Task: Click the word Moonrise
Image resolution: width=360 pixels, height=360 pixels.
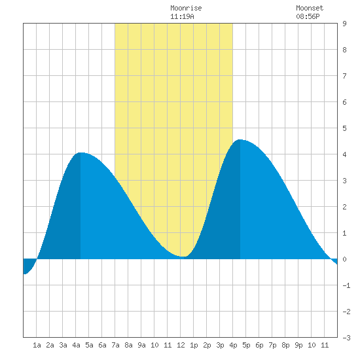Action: (x=186, y=8)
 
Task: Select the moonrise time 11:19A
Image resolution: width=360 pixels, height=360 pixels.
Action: (x=182, y=16)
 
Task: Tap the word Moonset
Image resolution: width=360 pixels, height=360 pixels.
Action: (x=310, y=8)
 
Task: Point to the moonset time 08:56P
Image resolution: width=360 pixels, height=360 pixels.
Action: (x=308, y=16)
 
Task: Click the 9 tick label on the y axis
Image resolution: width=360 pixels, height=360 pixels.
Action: (x=344, y=24)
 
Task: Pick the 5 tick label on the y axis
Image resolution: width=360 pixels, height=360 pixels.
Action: (x=344, y=128)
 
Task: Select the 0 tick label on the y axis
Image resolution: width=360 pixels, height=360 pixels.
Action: (x=344, y=259)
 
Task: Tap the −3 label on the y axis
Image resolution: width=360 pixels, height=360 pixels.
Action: (x=346, y=338)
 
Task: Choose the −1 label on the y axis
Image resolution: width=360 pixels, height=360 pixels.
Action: (x=346, y=285)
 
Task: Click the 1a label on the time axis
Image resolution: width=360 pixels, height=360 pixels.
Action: (x=37, y=345)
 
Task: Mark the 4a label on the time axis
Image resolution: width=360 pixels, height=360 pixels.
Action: (x=76, y=345)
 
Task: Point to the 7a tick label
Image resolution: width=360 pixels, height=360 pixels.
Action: (x=115, y=345)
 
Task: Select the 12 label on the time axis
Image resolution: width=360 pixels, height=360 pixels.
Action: (x=181, y=345)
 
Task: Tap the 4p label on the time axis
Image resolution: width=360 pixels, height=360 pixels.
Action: (x=233, y=345)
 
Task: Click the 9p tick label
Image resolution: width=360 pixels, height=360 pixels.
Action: (x=298, y=345)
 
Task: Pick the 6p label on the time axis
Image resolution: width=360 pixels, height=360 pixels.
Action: (x=259, y=345)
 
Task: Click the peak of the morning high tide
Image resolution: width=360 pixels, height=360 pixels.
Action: (x=81, y=153)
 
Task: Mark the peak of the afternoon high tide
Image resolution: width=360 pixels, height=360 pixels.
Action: (x=240, y=139)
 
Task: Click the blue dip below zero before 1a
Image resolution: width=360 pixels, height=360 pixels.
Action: (x=28, y=266)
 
